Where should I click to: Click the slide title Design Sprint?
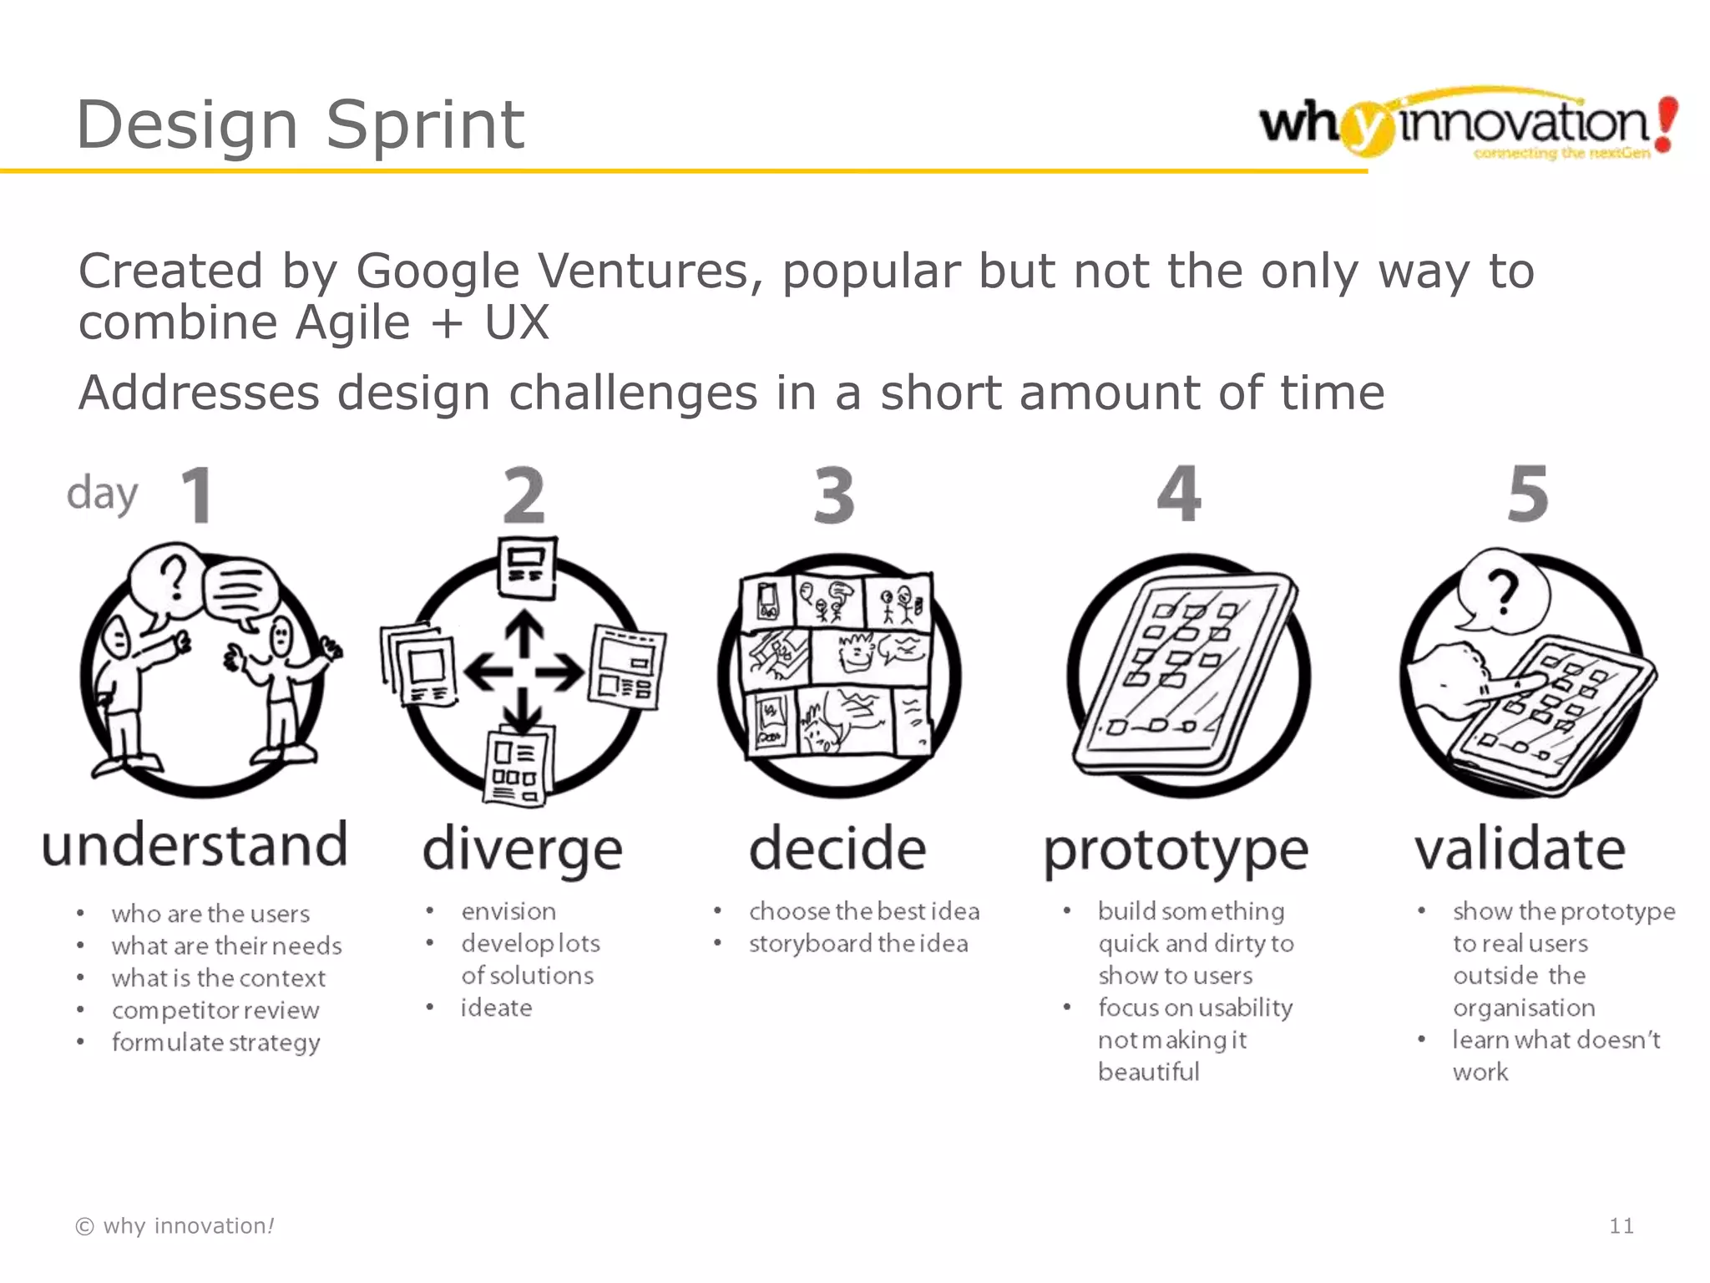pos(300,125)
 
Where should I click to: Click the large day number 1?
pos(197,495)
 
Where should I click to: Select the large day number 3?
pos(834,495)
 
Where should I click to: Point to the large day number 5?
pos(1527,495)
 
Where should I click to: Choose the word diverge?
pos(523,849)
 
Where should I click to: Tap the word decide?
pos(837,849)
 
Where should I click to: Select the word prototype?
pos(1176,850)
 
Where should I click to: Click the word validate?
pos(1520,849)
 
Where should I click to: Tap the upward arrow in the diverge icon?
pos(524,634)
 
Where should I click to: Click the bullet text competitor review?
pos(215,1011)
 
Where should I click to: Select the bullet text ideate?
pos(496,1008)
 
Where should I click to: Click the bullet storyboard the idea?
pos(858,944)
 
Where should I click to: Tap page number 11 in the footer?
pos(1621,1226)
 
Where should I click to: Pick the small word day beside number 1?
pos(102,494)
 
